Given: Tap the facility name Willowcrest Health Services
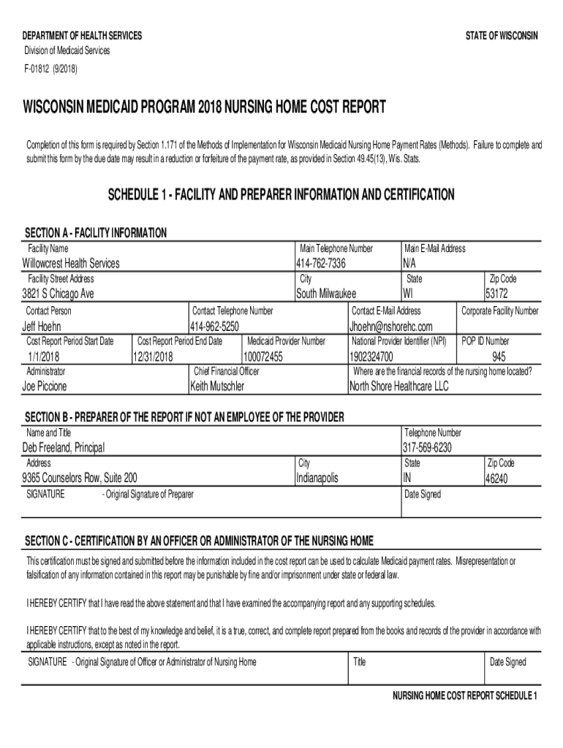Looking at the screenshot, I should point(71,263).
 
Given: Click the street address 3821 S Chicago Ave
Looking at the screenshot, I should point(58,294).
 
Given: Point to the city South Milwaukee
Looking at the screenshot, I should point(325,294).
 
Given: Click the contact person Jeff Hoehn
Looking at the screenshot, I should point(42,326).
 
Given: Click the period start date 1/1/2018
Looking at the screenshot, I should point(42,357).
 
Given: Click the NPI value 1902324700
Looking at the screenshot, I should point(371,357).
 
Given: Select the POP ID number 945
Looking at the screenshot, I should point(499,357).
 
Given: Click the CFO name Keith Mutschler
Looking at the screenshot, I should point(217,386).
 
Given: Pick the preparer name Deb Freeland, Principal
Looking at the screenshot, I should point(64,447).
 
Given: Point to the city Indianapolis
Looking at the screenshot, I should point(317,478).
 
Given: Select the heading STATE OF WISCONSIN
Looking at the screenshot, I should point(502,36).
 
